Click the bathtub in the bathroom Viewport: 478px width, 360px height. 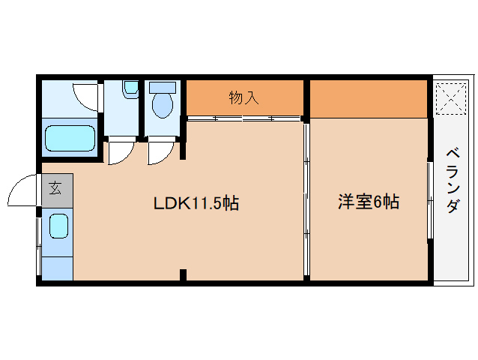click(70, 139)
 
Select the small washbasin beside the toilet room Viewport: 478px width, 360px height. click(130, 89)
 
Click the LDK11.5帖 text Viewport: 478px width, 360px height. click(196, 203)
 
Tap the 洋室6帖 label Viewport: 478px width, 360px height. click(368, 202)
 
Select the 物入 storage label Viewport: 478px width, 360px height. click(243, 97)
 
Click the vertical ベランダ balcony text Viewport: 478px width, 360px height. click(453, 181)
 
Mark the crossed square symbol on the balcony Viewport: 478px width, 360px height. click(452, 99)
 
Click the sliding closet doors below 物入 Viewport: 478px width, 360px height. click(244, 118)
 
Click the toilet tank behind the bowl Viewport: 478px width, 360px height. click(161, 87)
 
